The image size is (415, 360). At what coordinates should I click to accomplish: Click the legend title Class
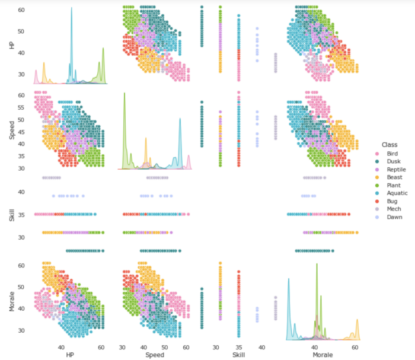pyautogui.click(x=390, y=145)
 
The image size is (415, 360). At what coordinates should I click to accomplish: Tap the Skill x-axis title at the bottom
pyautogui.click(x=238, y=355)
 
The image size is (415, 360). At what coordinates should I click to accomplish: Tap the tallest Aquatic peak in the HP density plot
pyautogui.click(x=71, y=8)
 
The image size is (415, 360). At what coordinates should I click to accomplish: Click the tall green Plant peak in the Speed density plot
pyautogui.click(x=124, y=93)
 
